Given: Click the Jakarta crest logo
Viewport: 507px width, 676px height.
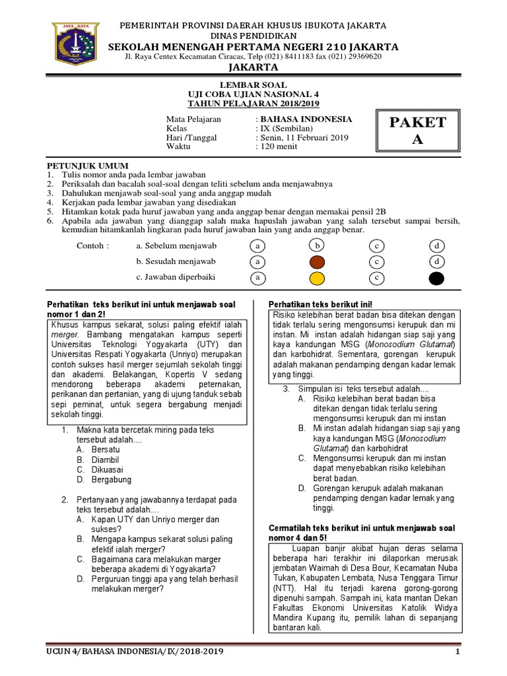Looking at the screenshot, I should pyautogui.click(x=75, y=44).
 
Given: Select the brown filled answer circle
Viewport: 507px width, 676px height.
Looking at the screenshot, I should pyautogui.click(x=317, y=262).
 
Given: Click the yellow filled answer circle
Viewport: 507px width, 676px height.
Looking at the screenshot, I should pyautogui.click(x=317, y=278).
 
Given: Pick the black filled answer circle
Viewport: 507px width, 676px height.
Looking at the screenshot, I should pyautogui.click(x=436, y=278).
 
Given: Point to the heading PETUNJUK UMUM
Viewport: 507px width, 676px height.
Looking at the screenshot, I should pyautogui.click(x=87, y=165).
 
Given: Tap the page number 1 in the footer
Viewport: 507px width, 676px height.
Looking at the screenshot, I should pyautogui.click(x=457, y=652).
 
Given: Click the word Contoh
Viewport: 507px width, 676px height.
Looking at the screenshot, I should pyautogui.click(x=92, y=246).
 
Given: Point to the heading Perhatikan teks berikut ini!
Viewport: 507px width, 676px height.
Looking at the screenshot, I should pyautogui.click(x=320, y=304).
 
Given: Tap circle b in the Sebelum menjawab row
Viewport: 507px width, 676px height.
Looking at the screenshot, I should pyautogui.click(x=317, y=246).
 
